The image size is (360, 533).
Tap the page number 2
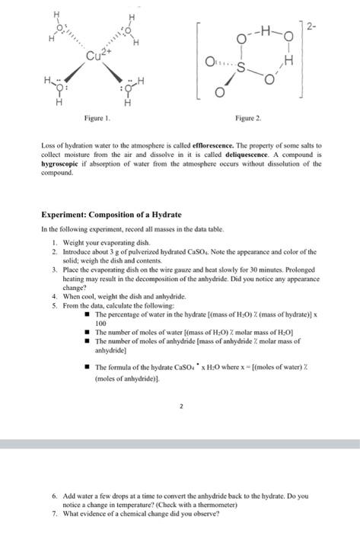pos(180,407)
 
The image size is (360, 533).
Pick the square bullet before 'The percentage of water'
pos(88,314)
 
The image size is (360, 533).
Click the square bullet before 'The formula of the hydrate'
pos(88,367)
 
